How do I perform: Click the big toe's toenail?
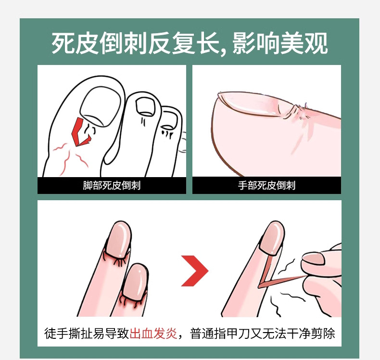pyautogui.click(x=101, y=107)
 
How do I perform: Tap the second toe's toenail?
pyautogui.click(x=145, y=106)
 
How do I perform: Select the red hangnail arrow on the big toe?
pyautogui.click(x=81, y=132)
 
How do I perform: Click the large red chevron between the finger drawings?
pyautogui.click(x=195, y=270)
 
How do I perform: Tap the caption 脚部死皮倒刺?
pyautogui.click(x=112, y=185)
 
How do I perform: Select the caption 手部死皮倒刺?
pyautogui.click(x=266, y=185)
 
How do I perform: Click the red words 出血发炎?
pyautogui.click(x=153, y=334)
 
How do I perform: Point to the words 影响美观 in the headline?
pyautogui.click(x=280, y=44)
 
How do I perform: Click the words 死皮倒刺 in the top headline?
pyautogui.click(x=99, y=44)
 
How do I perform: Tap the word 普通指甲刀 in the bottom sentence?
pyautogui.click(x=219, y=334)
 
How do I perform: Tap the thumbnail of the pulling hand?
pyautogui.click(x=313, y=258)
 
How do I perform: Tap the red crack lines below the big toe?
pyautogui.click(x=70, y=157)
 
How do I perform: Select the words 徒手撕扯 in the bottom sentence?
pyautogui.click(x=68, y=334)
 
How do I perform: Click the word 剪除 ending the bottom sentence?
pyautogui.click(x=323, y=334)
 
